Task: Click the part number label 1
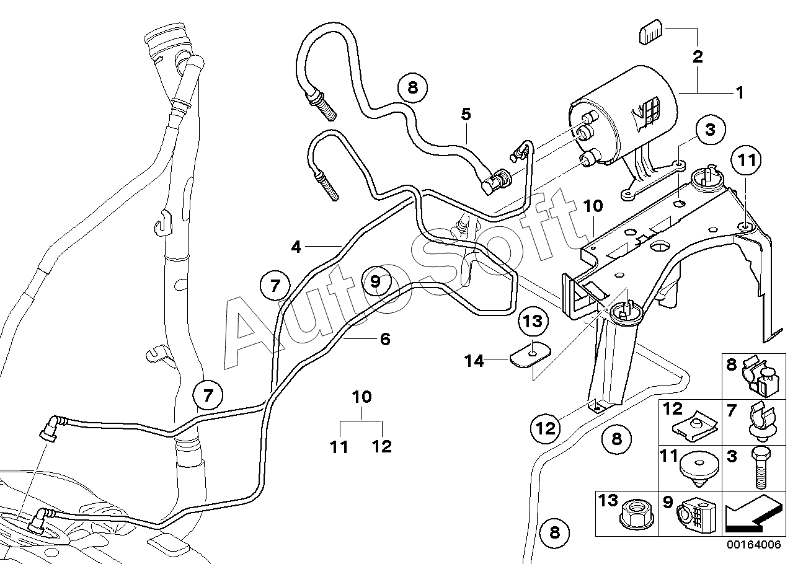[x=740, y=93]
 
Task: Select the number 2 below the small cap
[x=697, y=57]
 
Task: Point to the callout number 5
[x=466, y=114]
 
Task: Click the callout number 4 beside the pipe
[x=296, y=247]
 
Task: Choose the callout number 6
[x=385, y=339]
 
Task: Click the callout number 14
[x=474, y=361]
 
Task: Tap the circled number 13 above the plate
[x=533, y=322]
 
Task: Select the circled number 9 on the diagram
[x=376, y=281]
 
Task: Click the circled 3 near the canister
[x=710, y=130]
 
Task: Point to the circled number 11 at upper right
[x=747, y=161]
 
